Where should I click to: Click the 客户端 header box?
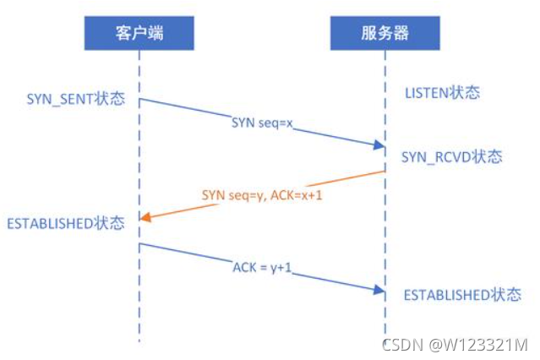pyautogui.click(x=139, y=32)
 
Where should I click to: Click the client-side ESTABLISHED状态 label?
pyautogui.click(x=65, y=223)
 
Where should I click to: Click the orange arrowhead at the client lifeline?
pyautogui.click(x=144, y=217)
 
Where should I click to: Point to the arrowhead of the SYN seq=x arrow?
pyautogui.click(x=380, y=146)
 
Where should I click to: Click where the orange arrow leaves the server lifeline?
pyautogui.click(x=385, y=172)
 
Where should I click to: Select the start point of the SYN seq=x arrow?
pyautogui.click(x=140, y=100)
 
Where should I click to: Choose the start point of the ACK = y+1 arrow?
pyautogui.click(x=140, y=243)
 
